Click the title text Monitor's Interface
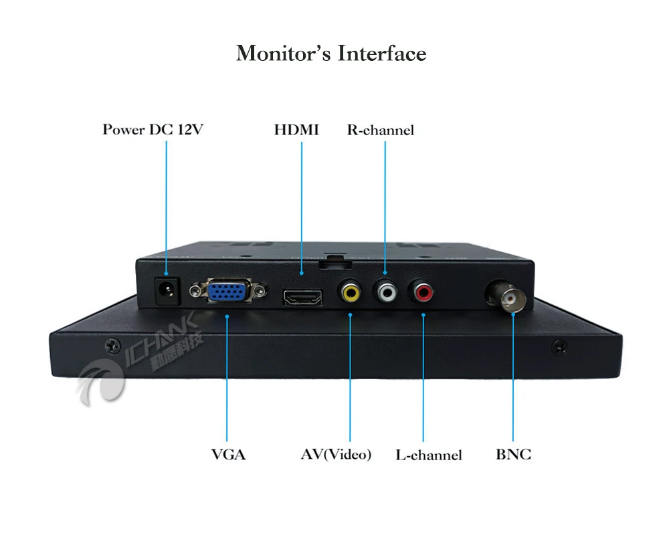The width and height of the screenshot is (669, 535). [331, 53]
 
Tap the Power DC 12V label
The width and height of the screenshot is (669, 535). [153, 129]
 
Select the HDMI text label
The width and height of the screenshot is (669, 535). [296, 129]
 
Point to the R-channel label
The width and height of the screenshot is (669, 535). [380, 130]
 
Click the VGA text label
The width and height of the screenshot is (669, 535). [229, 455]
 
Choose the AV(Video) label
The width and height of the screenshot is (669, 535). [336, 455]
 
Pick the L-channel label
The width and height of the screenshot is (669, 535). [429, 455]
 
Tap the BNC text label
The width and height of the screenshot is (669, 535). [514, 455]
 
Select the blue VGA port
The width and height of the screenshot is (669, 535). [227, 292]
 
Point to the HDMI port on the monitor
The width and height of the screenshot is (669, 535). [303, 296]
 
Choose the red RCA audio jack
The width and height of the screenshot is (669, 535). [423, 291]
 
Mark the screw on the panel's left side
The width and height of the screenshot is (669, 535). [110, 345]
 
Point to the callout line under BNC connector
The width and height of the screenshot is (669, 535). [513, 381]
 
